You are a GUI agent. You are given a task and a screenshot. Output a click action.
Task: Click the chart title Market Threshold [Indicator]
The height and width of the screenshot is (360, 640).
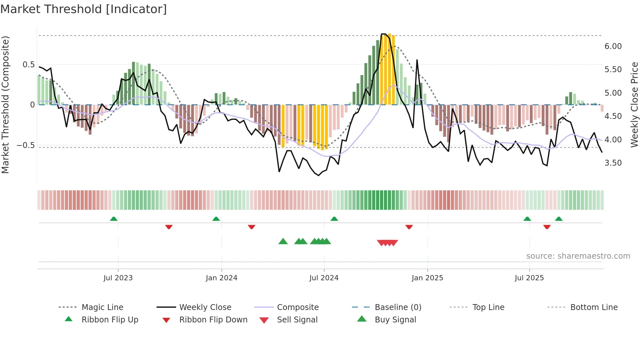[84, 9]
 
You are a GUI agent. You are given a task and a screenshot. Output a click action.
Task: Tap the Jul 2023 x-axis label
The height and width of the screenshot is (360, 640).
[118, 278]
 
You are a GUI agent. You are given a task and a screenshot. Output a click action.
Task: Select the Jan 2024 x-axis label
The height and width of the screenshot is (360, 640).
[221, 278]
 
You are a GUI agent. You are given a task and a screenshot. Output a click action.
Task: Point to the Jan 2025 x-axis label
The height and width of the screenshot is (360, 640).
[427, 278]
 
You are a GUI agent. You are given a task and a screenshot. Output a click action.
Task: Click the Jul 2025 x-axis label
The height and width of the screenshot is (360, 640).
[529, 278]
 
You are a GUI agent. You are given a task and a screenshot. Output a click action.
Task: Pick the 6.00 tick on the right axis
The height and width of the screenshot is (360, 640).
[613, 46]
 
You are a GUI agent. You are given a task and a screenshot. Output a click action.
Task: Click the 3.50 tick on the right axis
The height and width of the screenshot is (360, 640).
[613, 163]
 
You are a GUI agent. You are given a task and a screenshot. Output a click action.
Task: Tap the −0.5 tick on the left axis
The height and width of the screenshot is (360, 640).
[25, 145]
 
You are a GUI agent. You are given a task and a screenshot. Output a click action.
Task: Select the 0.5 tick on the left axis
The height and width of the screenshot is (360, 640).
[28, 65]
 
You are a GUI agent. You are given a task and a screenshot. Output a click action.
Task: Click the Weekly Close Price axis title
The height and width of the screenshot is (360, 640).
[634, 105]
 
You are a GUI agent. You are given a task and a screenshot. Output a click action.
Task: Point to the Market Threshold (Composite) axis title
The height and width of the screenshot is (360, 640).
[5, 105]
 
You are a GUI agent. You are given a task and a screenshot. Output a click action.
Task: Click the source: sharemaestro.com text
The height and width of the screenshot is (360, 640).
[578, 256]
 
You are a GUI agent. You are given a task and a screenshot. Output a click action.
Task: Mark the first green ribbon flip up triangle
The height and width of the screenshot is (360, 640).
[114, 219]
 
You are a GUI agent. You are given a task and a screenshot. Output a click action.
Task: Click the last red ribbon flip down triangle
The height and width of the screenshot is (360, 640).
[547, 227]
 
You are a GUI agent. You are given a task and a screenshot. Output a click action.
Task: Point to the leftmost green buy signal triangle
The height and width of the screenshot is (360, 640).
[283, 241]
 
